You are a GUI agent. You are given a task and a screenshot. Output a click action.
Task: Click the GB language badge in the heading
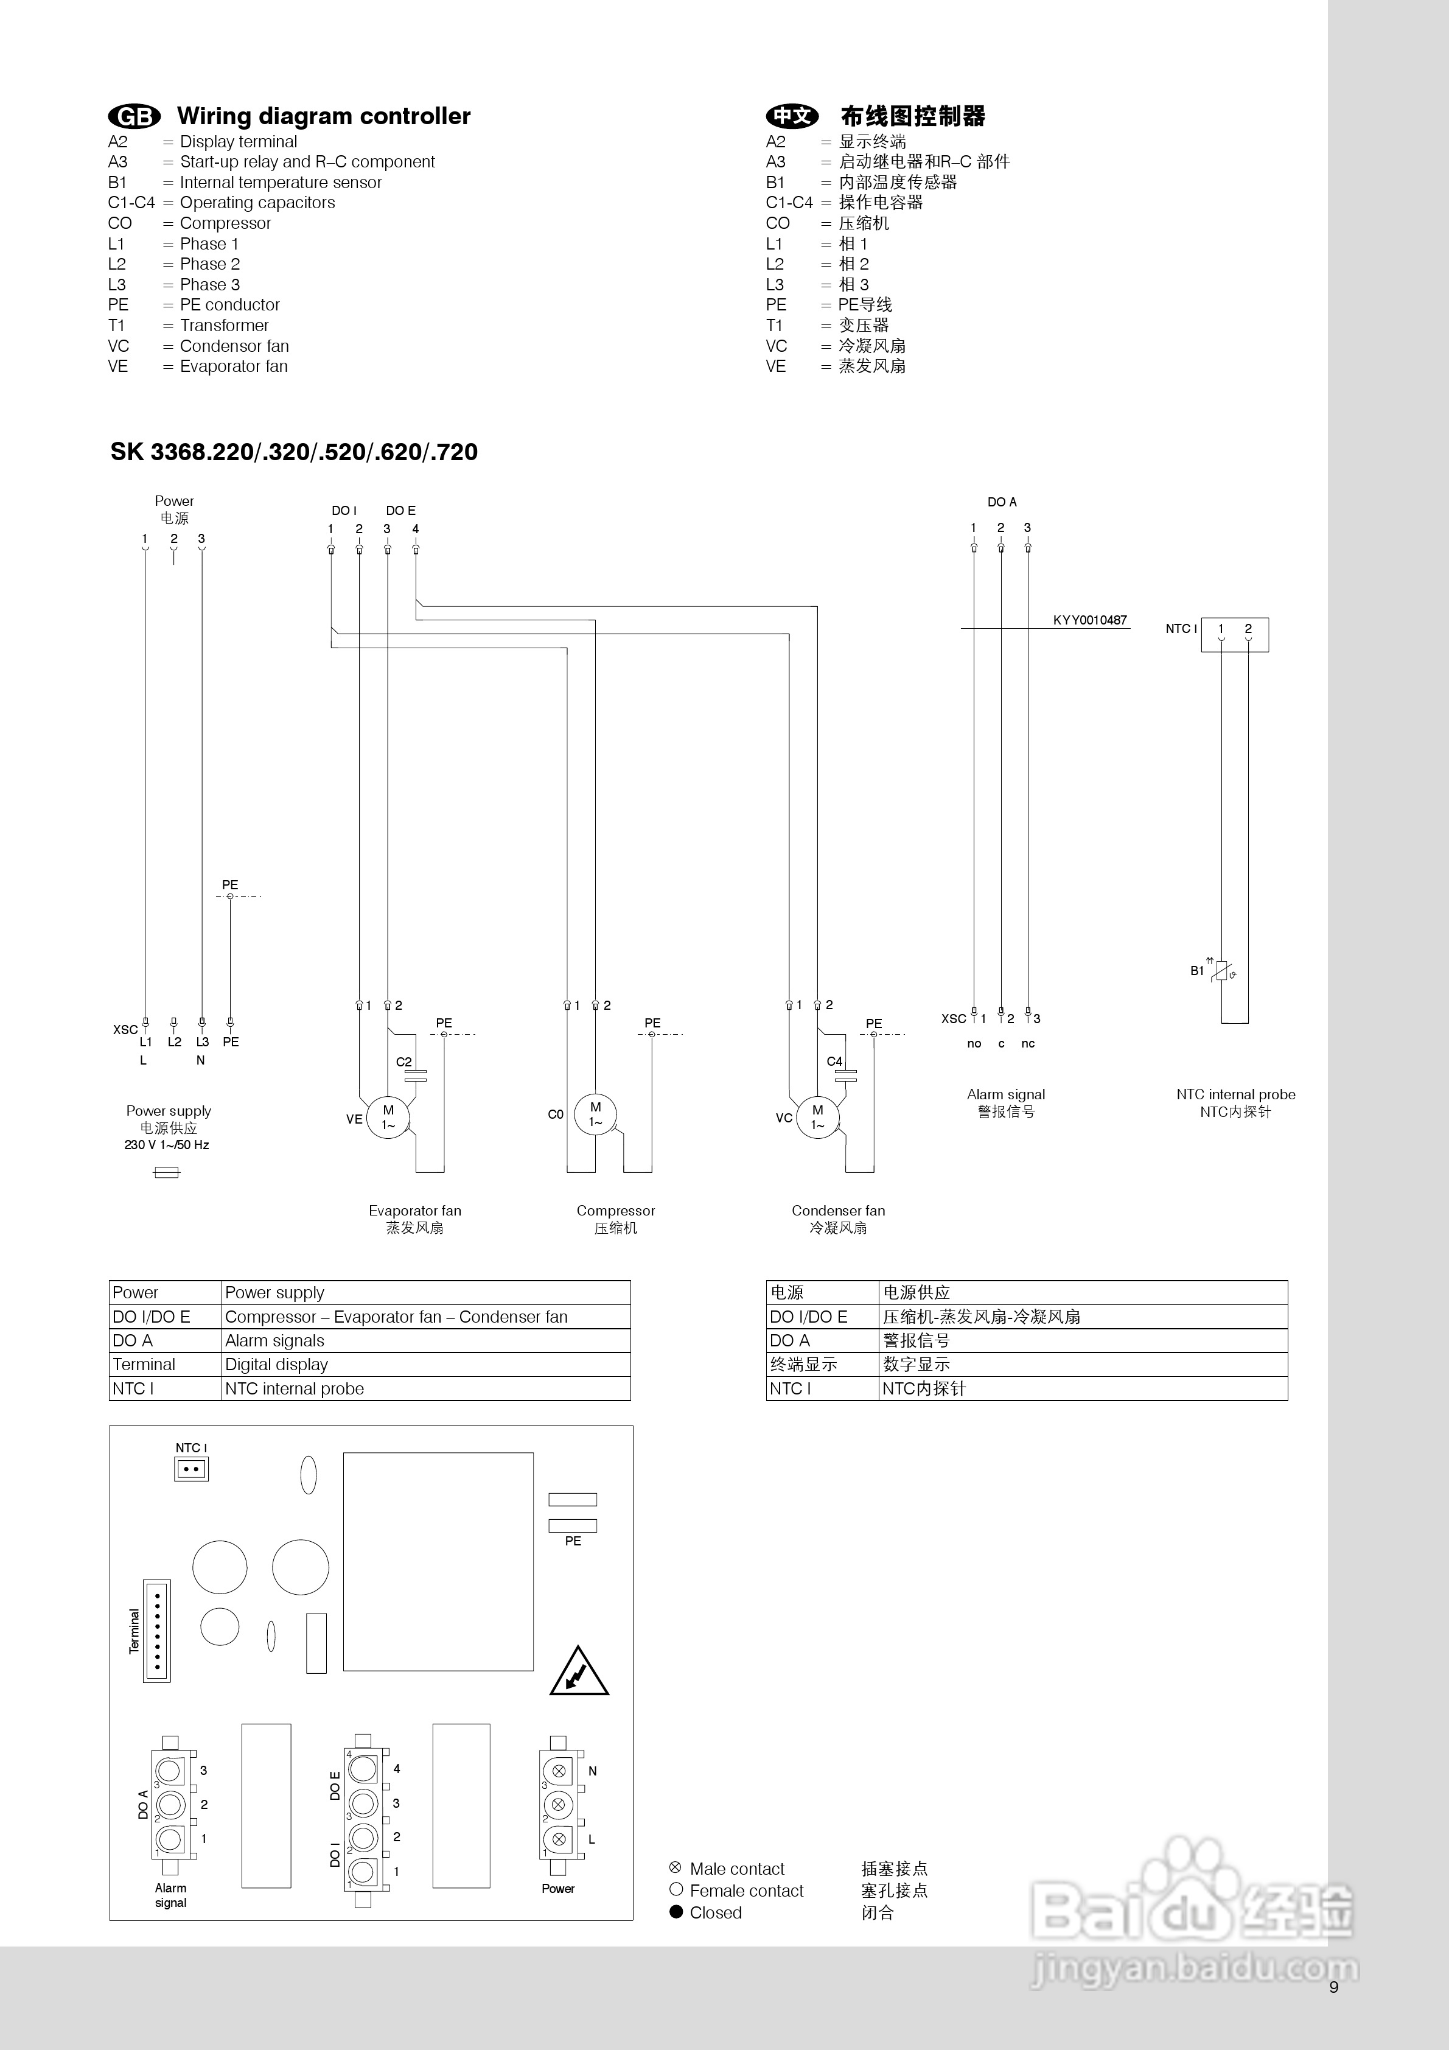coord(134,116)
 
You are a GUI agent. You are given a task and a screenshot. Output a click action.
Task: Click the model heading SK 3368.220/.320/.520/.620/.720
coord(294,452)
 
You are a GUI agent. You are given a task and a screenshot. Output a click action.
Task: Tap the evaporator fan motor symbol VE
coord(388,1116)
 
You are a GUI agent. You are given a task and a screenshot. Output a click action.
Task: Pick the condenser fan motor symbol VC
coord(818,1117)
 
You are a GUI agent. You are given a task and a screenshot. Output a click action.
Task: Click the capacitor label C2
coord(403,1062)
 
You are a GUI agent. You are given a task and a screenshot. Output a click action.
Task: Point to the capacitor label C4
coord(834,1061)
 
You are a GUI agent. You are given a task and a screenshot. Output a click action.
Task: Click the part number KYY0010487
coord(1089,620)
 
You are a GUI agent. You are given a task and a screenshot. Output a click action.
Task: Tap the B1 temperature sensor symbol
coord(1222,971)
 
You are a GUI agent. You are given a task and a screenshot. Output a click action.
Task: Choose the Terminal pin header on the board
coord(157,1631)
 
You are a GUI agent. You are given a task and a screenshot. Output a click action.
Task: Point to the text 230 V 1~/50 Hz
coord(167,1145)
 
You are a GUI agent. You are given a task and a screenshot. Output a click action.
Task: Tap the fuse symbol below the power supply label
coord(167,1172)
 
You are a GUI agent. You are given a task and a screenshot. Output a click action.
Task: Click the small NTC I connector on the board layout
coord(191,1469)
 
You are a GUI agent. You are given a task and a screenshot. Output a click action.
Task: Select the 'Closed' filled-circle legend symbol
coord(676,1912)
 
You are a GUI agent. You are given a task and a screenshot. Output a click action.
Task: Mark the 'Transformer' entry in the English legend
coord(224,325)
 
